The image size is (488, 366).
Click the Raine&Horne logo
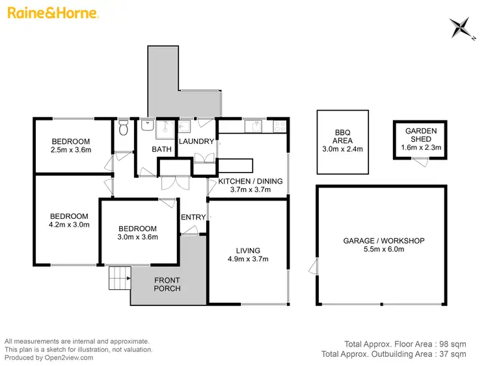click(x=53, y=13)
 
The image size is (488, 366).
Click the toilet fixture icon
click(x=124, y=128)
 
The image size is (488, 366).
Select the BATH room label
click(x=161, y=149)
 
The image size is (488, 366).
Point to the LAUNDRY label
click(x=196, y=141)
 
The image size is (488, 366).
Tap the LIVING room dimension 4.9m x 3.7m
click(x=248, y=259)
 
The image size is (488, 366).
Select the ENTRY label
click(x=193, y=217)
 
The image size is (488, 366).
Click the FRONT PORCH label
click(x=167, y=284)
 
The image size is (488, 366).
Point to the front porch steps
click(x=119, y=278)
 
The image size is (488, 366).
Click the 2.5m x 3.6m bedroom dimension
click(x=72, y=150)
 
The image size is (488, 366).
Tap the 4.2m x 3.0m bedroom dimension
click(x=70, y=225)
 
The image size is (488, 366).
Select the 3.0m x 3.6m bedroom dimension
click(x=137, y=237)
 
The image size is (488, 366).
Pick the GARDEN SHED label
click(x=421, y=135)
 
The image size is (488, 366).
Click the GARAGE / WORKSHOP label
click(x=383, y=240)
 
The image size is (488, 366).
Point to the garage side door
click(x=315, y=267)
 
